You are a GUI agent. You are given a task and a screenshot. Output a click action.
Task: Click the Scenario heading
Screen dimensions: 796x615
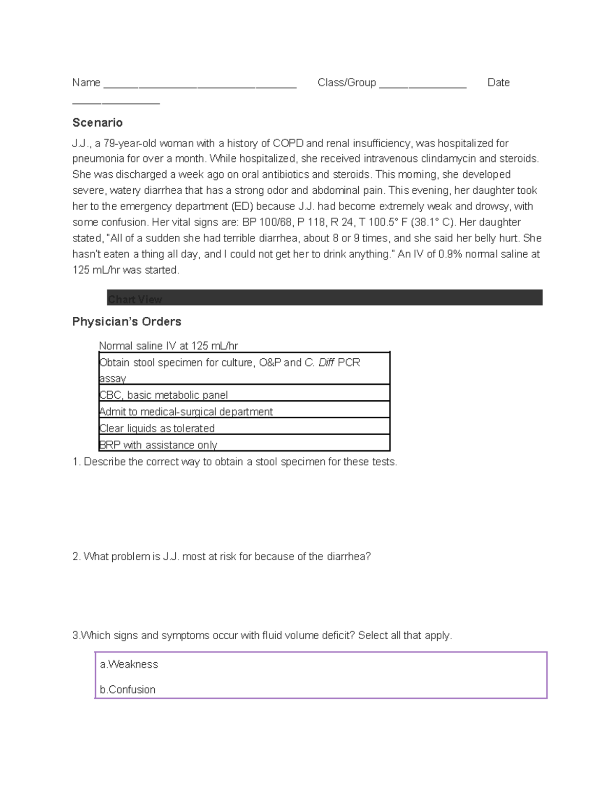click(x=97, y=123)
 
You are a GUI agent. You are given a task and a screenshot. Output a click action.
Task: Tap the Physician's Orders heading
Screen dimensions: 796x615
click(x=127, y=321)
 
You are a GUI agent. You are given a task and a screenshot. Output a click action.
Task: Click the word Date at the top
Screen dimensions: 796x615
click(x=498, y=83)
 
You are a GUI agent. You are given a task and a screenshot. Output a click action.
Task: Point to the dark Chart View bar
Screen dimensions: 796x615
click(x=324, y=298)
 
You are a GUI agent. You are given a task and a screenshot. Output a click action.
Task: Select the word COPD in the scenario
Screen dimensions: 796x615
click(x=288, y=143)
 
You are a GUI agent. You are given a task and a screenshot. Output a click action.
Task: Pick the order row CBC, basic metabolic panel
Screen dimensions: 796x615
click(x=163, y=395)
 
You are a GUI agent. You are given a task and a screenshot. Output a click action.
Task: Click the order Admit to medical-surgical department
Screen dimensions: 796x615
click(x=186, y=412)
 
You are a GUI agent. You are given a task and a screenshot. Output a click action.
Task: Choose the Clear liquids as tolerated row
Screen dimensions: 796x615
click(x=157, y=428)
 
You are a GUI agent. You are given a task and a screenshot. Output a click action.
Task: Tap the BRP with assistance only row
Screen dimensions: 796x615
click(x=158, y=444)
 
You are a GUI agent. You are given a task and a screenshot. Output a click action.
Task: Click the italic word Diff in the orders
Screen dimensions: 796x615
click(x=326, y=362)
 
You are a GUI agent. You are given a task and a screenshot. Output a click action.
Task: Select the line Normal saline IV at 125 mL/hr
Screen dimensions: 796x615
click(x=168, y=345)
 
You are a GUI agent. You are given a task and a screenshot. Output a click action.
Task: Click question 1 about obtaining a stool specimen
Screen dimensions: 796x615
click(x=235, y=461)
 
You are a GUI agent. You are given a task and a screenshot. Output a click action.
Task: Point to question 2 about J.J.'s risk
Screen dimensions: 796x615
click(x=221, y=556)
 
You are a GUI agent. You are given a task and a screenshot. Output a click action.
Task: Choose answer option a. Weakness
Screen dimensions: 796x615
click(x=129, y=664)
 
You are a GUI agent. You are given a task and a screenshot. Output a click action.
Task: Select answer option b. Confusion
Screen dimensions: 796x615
click(x=128, y=689)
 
